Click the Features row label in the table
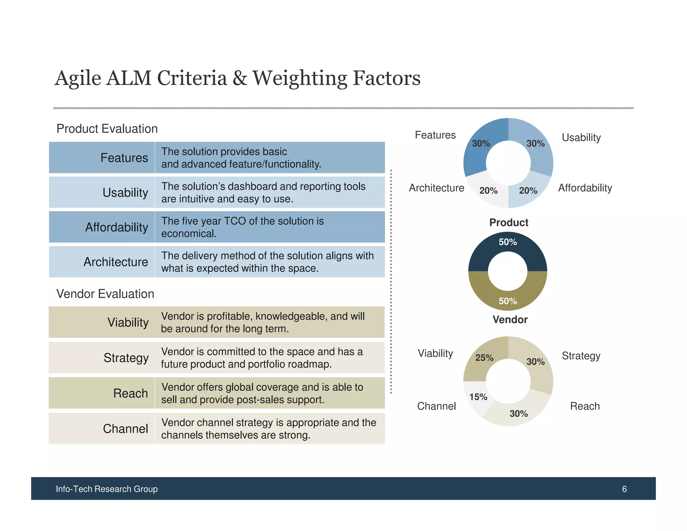coord(124,158)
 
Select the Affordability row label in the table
coord(116,227)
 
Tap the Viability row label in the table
coord(128,322)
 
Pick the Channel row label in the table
coord(125,429)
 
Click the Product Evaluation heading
coord(107,129)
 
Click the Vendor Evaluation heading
coord(105,294)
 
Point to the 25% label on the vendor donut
coord(484,358)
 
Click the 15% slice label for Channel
coord(478,397)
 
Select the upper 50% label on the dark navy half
coord(508,242)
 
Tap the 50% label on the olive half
coord(508,301)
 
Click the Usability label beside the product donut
coord(581,138)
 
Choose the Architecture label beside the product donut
coord(436,188)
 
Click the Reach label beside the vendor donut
coord(585,406)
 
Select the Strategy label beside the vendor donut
coord(581,356)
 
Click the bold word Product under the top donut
coord(509,223)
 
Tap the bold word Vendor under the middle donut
coord(510,320)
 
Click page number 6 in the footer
coord(624,489)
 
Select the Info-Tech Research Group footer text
coord(107,489)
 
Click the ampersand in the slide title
coord(240,78)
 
